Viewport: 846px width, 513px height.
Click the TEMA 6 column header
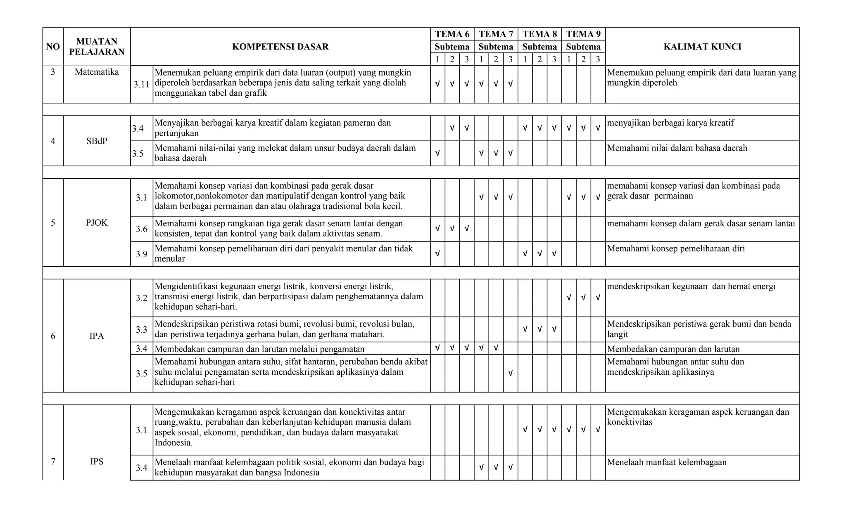click(452, 34)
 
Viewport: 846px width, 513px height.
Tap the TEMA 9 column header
click(583, 34)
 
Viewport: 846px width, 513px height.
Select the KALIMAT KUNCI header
click(702, 47)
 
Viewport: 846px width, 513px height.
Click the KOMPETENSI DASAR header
click(280, 47)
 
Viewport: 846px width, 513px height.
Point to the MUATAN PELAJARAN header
click(97, 47)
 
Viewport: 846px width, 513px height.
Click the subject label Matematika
click(97, 72)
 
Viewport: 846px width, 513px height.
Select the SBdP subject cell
click(97, 141)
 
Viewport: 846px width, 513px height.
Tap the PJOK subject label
click(97, 223)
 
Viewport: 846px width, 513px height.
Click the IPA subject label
click(97, 336)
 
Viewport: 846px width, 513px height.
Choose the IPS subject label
click(97, 461)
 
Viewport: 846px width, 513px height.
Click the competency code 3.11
click(141, 85)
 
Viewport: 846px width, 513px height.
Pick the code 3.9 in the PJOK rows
click(141, 254)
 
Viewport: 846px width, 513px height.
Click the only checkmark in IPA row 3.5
click(510, 374)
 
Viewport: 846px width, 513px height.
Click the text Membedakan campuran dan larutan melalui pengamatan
click(259, 349)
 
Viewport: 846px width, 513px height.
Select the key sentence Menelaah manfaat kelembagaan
click(667, 462)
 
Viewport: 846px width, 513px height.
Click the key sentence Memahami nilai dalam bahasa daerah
click(677, 148)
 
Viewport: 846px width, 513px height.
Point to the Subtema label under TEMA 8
click(539, 47)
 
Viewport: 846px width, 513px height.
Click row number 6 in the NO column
click(53, 336)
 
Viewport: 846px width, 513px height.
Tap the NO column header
click(53, 47)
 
